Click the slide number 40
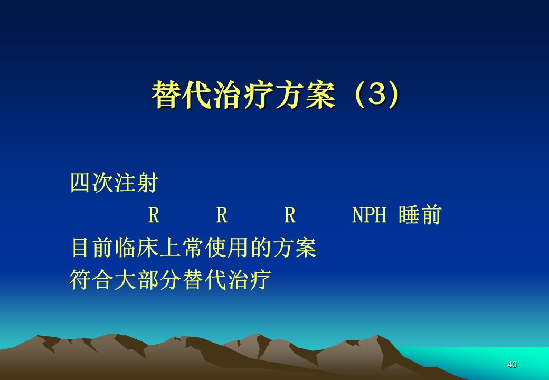[512, 364]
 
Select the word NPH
[369, 214]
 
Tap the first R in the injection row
[154, 214]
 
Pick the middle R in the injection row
[222, 214]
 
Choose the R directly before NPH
[290, 214]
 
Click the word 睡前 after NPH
[420, 214]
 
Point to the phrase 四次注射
[114, 182]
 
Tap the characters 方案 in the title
[305, 94]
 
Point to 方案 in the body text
[295, 247]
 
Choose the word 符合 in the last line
[92, 280]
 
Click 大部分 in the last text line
[148, 280]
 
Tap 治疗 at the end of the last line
[250, 280]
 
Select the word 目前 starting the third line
[92, 247]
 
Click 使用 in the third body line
[227, 247]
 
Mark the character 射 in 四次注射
[147, 182]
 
